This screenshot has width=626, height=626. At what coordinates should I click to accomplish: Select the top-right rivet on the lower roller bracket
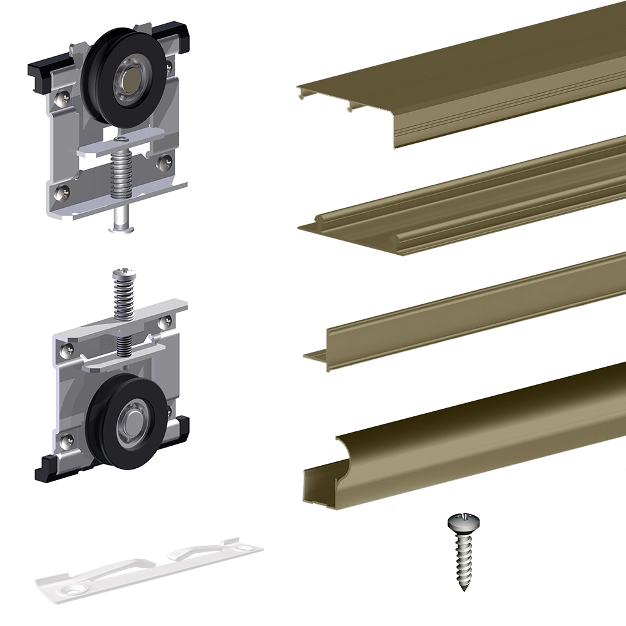[x=166, y=322]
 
